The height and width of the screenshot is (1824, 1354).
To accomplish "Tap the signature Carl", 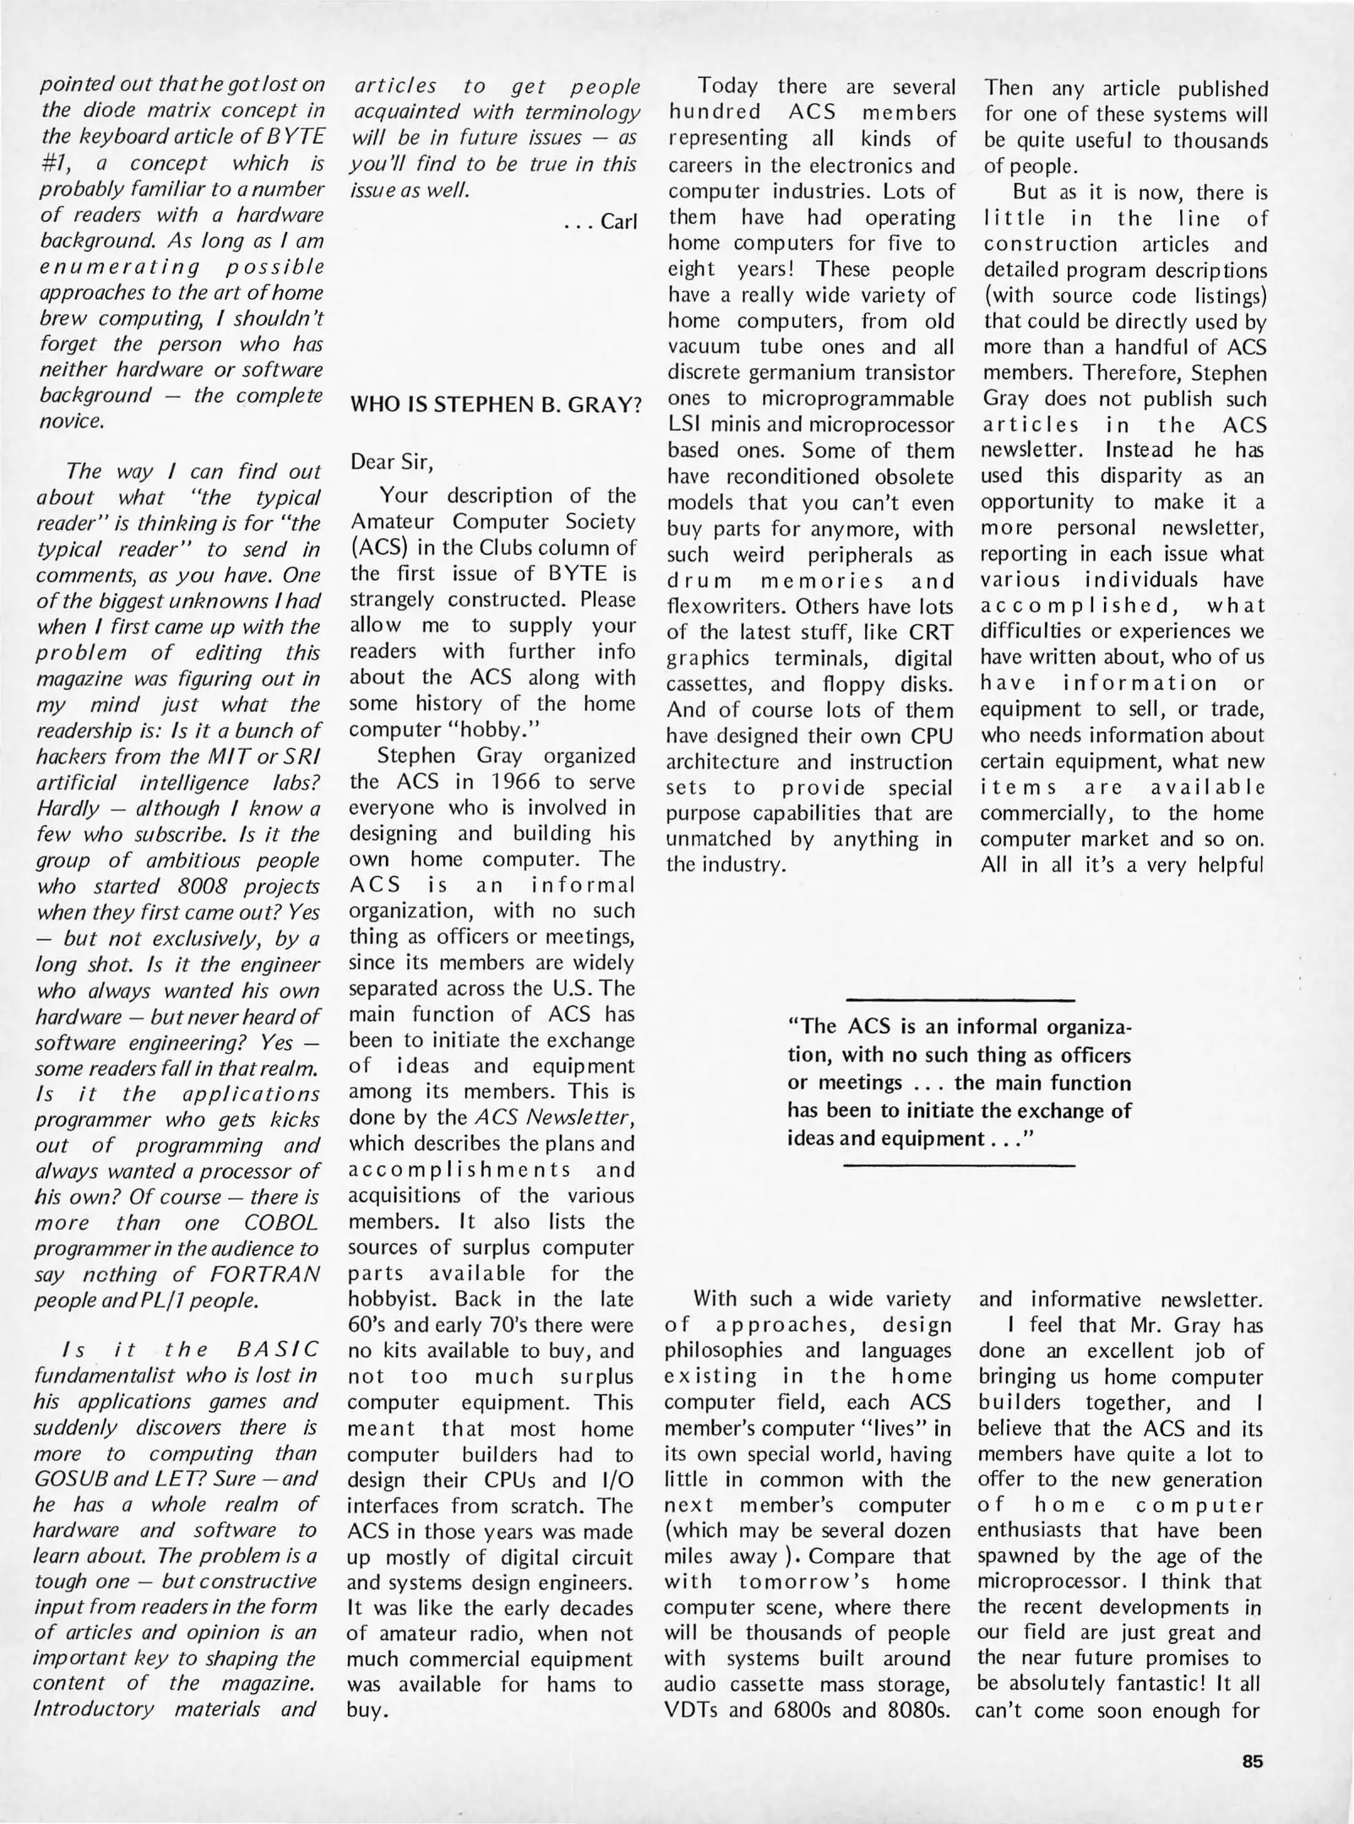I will coord(618,222).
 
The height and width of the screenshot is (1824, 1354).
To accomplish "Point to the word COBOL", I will coord(281,1223).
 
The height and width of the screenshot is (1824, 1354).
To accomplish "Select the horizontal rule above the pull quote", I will coord(960,1001).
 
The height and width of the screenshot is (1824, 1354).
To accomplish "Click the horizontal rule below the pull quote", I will coord(960,1166).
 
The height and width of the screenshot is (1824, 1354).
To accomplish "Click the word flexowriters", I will coord(727,607).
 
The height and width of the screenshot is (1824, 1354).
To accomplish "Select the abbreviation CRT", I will coord(931,632).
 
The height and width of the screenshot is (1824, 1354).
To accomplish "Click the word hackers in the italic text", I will coord(71,757).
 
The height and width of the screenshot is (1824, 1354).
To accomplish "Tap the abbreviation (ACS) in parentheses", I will coord(376,547).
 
